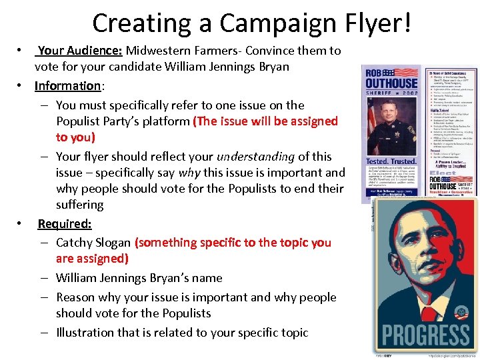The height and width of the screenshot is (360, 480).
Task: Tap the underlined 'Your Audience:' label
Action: click(80, 51)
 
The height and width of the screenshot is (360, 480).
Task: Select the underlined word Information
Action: click(67, 86)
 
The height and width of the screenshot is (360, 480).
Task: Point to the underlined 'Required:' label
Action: click(65, 224)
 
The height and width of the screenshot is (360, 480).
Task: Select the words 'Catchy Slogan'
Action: click(93, 243)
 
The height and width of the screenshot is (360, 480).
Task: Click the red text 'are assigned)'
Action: click(93, 259)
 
